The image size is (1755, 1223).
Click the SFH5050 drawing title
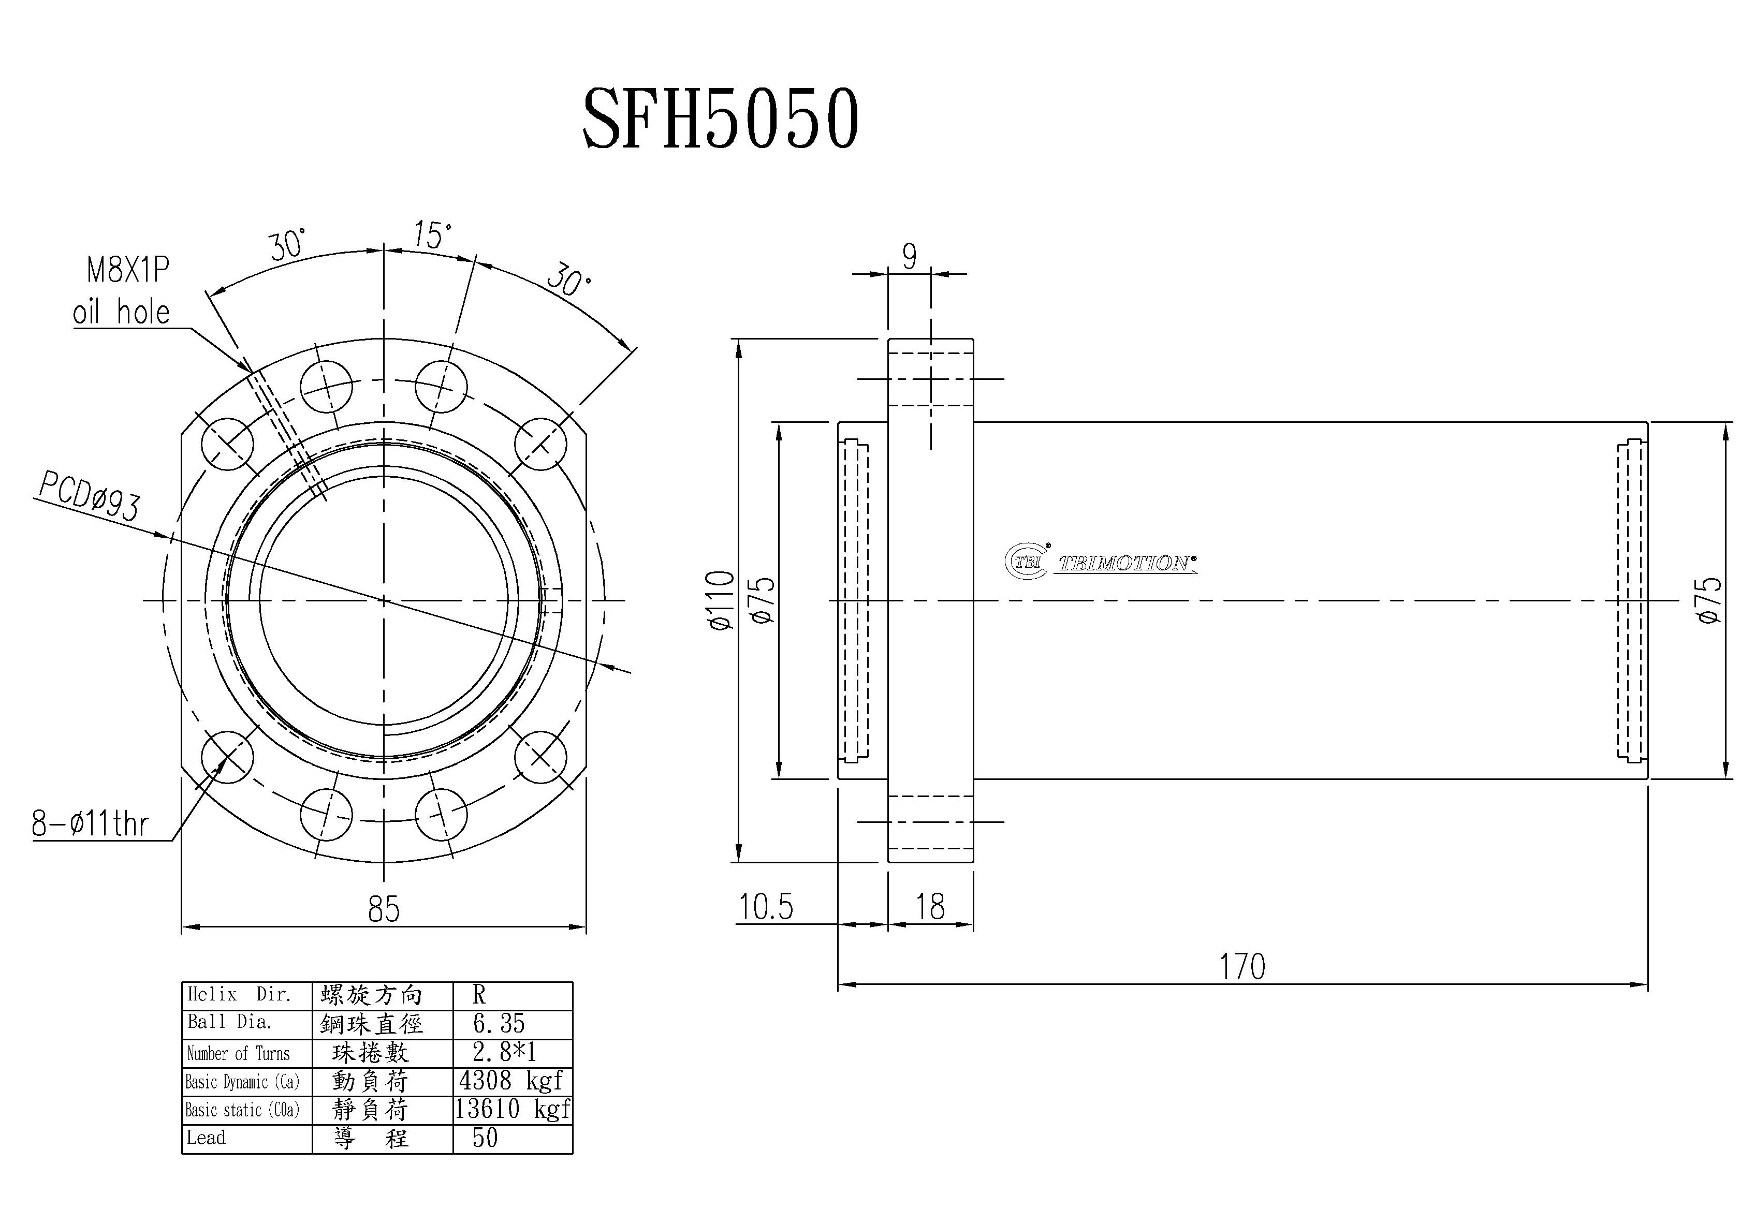click(x=720, y=119)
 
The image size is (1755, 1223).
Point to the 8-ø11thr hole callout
click(x=90, y=823)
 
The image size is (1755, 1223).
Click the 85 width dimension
click(x=383, y=909)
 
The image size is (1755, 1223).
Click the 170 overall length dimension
click(x=1241, y=966)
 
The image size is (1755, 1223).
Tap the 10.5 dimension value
click(x=765, y=907)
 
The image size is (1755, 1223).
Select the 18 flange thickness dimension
click(x=930, y=907)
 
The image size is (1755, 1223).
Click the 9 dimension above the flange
click(x=909, y=257)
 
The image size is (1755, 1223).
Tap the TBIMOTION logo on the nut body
click(x=1101, y=563)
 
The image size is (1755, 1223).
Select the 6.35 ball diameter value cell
click(x=499, y=1024)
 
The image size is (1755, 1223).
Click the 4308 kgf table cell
click(x=510, y=1081)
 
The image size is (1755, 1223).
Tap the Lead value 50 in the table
click(x=486, y=1138)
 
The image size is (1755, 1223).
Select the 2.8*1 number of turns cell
click(x=504, y=1053)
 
